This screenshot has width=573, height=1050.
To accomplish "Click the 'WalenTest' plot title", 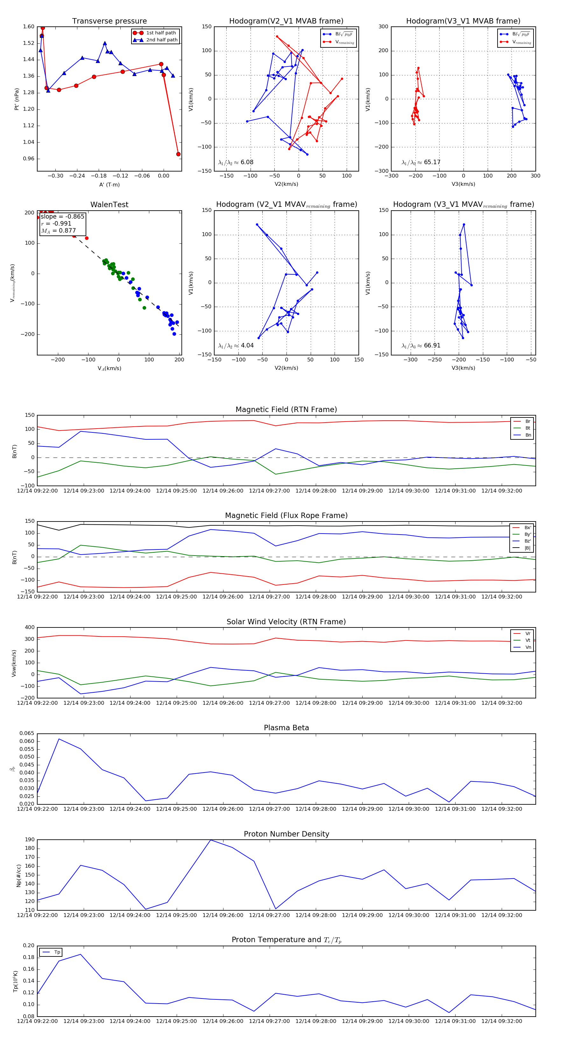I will (109, 205).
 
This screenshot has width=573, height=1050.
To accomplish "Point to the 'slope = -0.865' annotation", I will (62, 216).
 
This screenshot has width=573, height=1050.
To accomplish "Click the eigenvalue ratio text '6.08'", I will (247, 162).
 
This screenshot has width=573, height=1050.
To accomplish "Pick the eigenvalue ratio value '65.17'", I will (432, 162).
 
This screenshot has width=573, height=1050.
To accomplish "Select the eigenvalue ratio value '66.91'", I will (432, 346).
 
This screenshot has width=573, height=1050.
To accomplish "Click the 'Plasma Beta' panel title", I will (286, 728).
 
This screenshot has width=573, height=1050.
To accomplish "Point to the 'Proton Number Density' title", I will (286, 834).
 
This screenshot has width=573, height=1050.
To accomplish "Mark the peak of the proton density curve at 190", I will (210, 840).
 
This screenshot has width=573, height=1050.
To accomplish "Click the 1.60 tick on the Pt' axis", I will (29, 27).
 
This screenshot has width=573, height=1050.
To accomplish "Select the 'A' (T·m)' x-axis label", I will (109, 185).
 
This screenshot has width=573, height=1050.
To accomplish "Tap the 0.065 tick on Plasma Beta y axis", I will (27, 733).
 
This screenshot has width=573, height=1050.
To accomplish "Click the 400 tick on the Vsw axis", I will (29, 627).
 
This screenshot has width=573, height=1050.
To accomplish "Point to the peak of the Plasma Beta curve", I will (59, 739).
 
